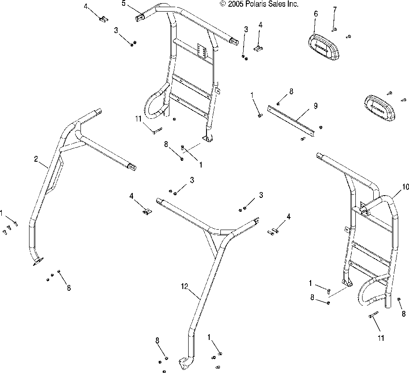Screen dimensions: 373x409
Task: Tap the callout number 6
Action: (316, 14)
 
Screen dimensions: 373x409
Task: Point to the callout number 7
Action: (334, 10)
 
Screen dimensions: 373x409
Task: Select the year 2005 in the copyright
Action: (236, 4)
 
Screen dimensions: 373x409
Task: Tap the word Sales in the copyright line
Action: (278, 4)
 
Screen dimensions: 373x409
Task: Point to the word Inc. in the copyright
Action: (293, 4)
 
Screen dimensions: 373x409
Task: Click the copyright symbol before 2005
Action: (223, 4)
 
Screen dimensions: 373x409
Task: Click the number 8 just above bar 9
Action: (291, 91)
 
